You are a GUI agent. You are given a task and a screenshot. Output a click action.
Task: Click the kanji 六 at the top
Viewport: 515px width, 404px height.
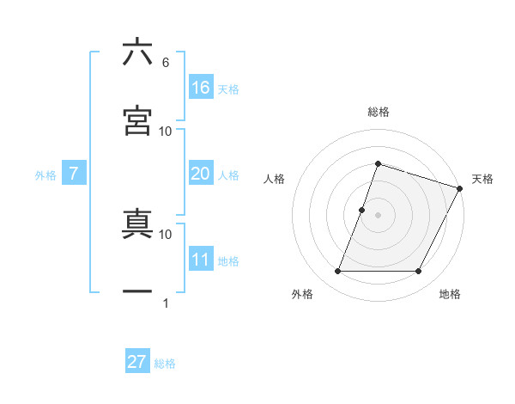click(137, 52)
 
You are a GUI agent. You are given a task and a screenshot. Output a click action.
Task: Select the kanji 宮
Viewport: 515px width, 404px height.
click(137, 120)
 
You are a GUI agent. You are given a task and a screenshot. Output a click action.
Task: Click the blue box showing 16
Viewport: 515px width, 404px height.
click(201, 88)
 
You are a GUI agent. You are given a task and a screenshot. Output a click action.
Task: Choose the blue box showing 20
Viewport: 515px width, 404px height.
click(201, 174)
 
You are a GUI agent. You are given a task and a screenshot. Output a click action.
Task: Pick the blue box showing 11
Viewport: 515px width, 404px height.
click(201, 260)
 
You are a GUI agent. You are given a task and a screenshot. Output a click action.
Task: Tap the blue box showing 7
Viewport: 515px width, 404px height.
click(74, 174)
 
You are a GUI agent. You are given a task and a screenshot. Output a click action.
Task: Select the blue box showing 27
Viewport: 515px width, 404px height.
click(137, 362)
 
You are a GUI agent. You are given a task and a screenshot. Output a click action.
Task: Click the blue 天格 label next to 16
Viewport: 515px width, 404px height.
click(228, 89)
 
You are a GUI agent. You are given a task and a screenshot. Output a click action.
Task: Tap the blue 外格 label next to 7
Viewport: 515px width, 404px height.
click(45, 175)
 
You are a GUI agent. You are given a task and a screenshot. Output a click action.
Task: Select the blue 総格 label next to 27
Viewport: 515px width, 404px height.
click(165, 364)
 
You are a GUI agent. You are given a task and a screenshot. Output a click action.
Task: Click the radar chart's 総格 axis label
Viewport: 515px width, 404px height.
click(378, 112)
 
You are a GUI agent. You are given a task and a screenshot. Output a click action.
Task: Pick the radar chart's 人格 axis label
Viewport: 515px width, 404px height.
click(275, 179)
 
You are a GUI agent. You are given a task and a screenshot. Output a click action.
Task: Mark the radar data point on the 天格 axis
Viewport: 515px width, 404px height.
click(460, 188)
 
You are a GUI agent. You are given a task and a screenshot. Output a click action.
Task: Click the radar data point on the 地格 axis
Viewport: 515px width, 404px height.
click(419, 272)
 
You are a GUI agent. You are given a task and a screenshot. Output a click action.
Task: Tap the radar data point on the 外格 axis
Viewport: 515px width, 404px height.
click(337, 272)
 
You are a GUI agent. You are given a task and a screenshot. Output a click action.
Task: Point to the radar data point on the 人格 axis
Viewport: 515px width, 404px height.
click(362, 210)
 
